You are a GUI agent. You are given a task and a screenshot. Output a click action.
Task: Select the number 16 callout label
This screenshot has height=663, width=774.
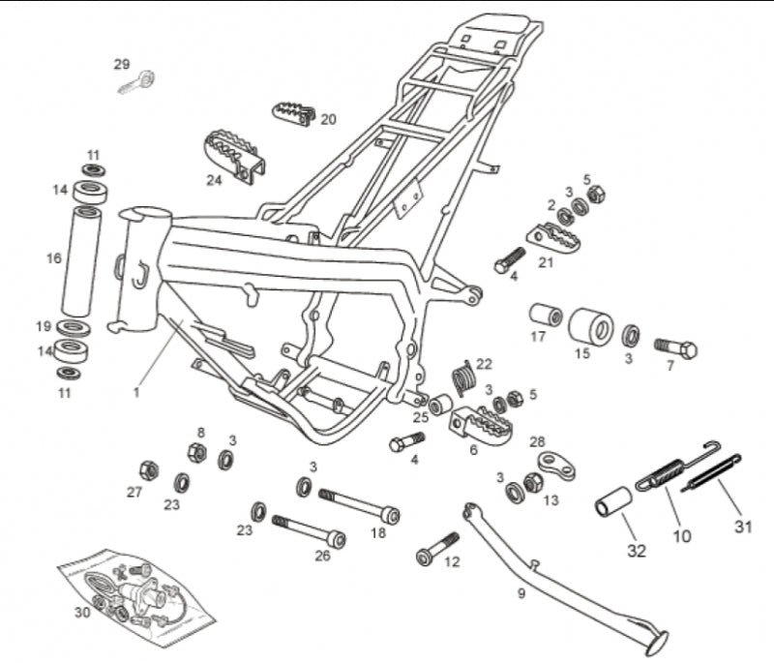click(x=54, y=258)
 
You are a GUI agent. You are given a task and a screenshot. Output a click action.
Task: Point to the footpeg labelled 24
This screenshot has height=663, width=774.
click(x=235, y=155)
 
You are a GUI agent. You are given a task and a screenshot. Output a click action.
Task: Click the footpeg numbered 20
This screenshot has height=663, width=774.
click(x=294, y=113)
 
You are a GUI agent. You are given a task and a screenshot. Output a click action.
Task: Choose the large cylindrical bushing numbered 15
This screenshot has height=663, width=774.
click(x=590, y=328)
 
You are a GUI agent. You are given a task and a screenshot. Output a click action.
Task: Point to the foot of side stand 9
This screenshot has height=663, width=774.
click(x=659, y=639)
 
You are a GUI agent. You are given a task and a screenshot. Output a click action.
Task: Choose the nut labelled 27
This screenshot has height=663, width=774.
click(x=149, y=471)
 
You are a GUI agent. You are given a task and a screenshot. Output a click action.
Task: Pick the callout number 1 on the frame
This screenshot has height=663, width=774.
click(x=136, y=392)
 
